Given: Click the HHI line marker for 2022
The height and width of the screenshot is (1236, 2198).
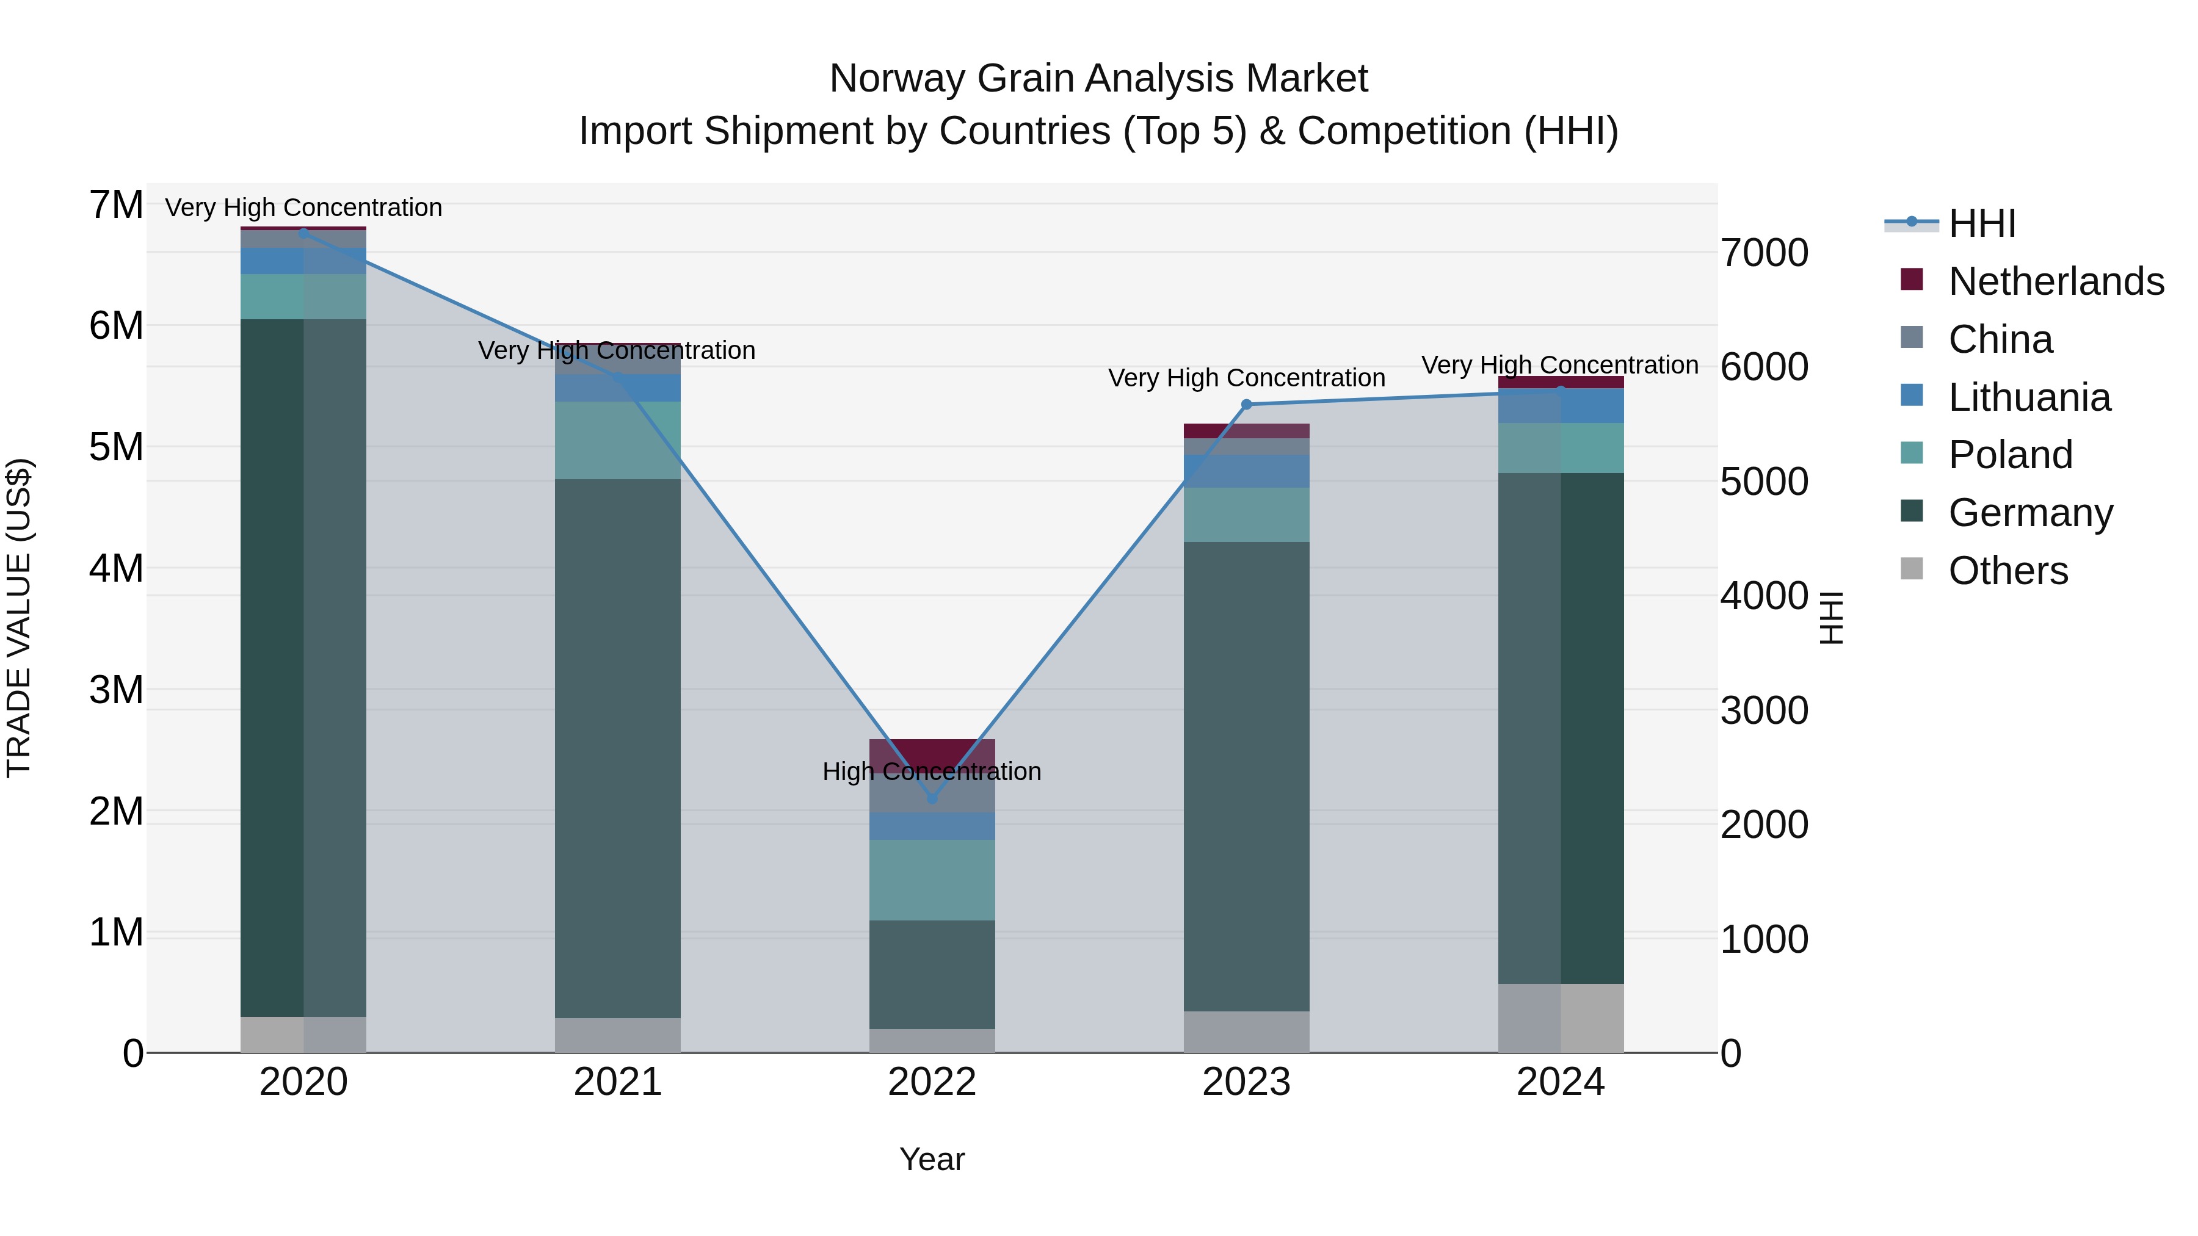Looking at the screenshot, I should [932, 798].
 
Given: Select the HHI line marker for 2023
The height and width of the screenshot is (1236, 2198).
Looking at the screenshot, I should [1247, 404].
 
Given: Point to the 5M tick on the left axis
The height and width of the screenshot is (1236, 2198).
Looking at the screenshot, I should [116, 447].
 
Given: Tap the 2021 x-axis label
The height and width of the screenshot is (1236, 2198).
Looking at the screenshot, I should [618, 1082].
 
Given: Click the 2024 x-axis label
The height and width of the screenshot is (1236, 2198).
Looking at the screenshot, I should [1561, 1082].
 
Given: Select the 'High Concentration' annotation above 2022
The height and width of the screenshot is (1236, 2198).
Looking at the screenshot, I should [932, 771].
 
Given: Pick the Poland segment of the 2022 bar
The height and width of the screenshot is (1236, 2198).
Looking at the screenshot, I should [932, 880].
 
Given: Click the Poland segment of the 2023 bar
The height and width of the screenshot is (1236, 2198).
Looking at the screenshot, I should [1247, 515].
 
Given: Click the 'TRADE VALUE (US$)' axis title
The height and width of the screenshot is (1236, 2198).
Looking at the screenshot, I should [19, 618].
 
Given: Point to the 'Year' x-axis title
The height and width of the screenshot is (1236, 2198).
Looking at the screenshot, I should [932, 1159].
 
